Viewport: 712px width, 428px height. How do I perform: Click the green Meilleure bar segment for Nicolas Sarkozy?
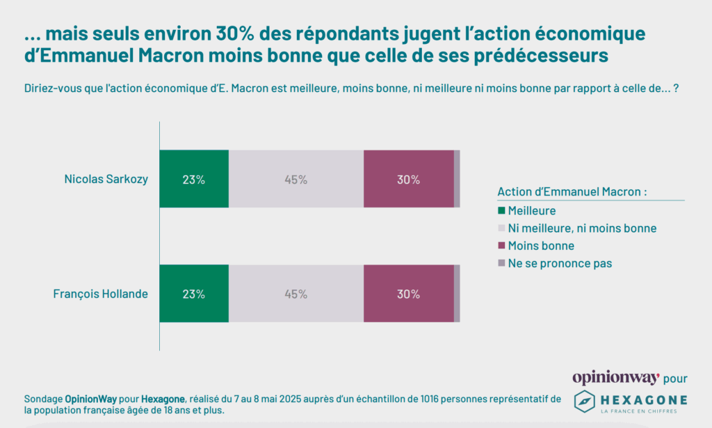click(x=194, y=179)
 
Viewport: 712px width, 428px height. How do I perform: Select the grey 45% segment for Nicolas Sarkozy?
click(x=296, y=179)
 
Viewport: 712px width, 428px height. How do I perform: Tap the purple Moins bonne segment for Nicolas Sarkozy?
click(x=408, y=179)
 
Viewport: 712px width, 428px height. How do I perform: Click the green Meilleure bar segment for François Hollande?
click(x=194, y=294)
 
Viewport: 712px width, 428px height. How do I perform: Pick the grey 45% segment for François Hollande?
click(x=296, y=294)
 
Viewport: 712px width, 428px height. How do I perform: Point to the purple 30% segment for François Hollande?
click(x=408, y=294)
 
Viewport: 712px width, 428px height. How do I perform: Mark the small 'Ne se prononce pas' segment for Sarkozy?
click(x=457, y=179)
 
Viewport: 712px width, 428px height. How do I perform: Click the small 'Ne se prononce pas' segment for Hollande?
click(x=457, y=294)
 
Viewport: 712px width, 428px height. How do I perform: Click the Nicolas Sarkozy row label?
click(x=106, y=179)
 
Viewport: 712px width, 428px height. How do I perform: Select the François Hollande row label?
click(x=101, y=294)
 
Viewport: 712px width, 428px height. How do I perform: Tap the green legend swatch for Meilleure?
click(x=501, y=210)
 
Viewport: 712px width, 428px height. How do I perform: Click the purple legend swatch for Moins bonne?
click(x=501, y=246)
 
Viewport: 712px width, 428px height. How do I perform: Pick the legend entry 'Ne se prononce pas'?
click(x=560, y=264)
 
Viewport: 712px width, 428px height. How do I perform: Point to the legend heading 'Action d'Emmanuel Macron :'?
click(x=572, y=192)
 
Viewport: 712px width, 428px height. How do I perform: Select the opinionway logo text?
click(x=615, y=378)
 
